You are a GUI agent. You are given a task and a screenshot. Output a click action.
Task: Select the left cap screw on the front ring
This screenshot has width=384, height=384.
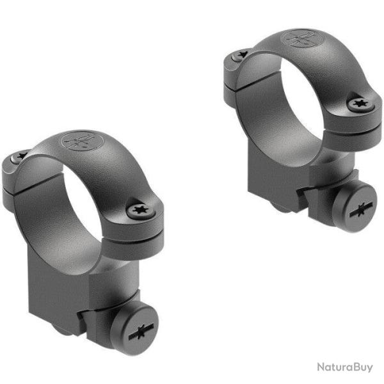click(x=19, y=157)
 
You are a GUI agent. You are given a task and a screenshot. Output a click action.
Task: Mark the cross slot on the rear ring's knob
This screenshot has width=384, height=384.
click(x=362, y=209)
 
